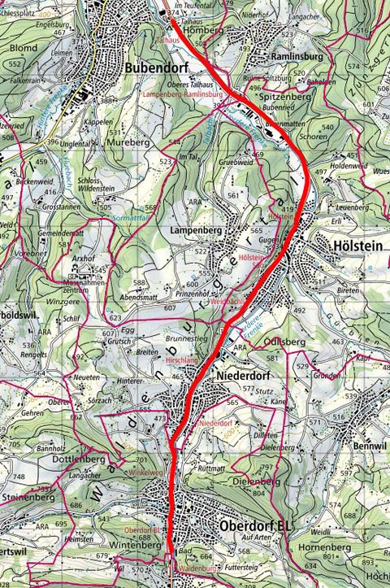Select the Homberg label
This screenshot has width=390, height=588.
[204, 31]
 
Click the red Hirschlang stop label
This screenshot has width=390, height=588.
[181, 357]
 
